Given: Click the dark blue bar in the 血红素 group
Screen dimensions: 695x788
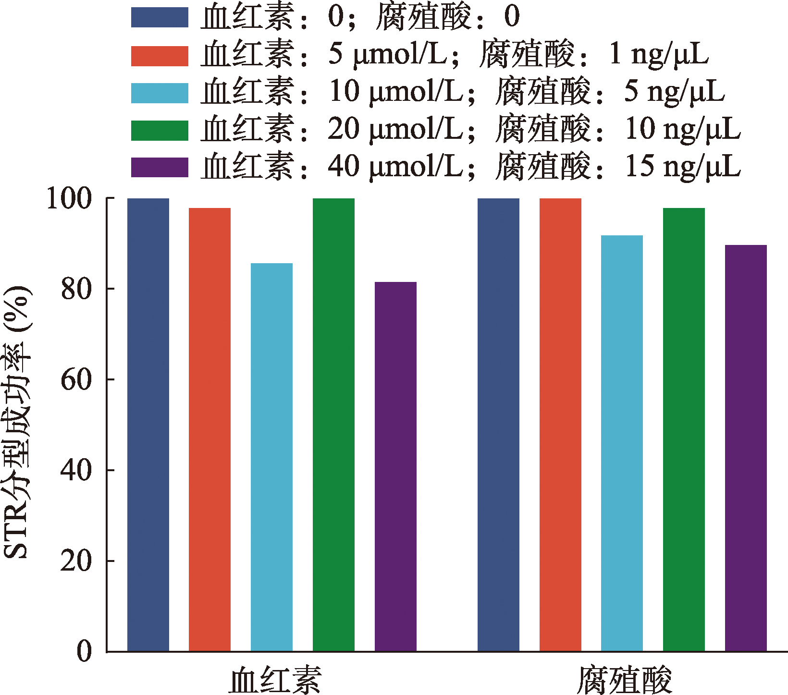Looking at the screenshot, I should point(148,425).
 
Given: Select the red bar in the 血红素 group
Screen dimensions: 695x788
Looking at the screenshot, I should point(209,429).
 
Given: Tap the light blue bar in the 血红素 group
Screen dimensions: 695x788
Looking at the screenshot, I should point(271,457).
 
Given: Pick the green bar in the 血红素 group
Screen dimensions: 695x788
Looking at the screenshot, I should point(333,425).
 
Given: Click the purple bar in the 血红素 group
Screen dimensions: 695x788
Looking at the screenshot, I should point(395,466).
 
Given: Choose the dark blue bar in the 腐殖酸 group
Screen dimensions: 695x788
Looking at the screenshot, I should point(498,425).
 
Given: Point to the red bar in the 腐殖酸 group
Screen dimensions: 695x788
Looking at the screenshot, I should point(560,425).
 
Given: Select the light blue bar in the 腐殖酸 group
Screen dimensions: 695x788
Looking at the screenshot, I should point(622,443).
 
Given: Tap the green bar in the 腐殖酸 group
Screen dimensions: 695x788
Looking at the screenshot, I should point(684,429).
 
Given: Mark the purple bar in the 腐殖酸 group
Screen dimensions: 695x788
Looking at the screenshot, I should point(746,448).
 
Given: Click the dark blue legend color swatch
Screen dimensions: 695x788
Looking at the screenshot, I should point(160,17).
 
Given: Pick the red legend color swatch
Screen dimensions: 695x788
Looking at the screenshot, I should point(160,55).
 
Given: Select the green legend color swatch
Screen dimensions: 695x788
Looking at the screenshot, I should point(160,130).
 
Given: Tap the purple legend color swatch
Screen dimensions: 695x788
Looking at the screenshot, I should point(160,167).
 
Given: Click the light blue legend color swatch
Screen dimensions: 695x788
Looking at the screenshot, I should point(160,93).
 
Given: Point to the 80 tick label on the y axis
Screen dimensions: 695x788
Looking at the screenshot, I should point(76,289).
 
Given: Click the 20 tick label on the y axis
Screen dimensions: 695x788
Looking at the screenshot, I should point(76,561).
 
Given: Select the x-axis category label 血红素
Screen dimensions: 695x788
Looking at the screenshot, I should point(275,679).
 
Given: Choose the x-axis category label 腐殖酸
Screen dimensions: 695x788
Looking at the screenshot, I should point(624,679).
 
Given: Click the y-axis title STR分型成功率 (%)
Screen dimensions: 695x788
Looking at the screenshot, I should point(17,423).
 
